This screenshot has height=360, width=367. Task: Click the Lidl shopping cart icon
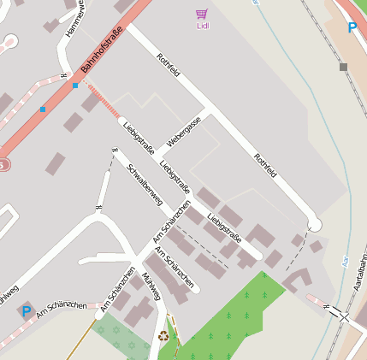coord(202,14)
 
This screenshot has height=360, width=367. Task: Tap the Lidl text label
coord(202,26)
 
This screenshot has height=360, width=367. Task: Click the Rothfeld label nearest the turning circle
coord(265,165)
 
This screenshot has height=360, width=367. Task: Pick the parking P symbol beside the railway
coord(352,27)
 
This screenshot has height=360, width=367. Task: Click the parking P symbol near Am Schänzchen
coord(27,312)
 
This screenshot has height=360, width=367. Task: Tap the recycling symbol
coord(163,336)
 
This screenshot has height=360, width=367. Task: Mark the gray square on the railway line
coord(343,67)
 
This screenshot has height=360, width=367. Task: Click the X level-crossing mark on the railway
coord(344,316)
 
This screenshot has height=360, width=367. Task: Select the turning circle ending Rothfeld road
coord(314,223)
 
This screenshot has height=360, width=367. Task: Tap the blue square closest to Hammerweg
coord(75,86)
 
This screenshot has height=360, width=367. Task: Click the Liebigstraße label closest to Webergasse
coord(139,138)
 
